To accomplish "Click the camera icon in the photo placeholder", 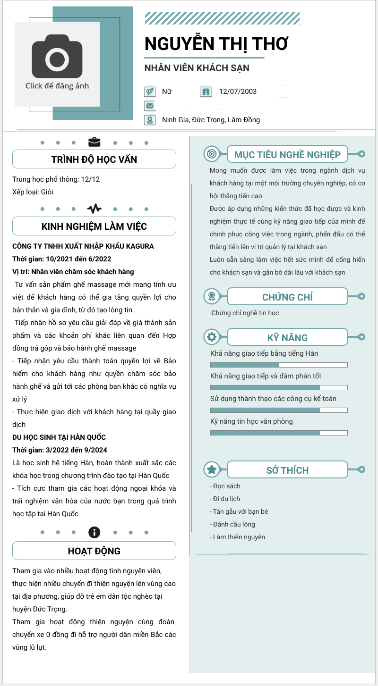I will click(x=57, y=59).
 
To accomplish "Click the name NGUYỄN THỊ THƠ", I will click(x=216, y=43).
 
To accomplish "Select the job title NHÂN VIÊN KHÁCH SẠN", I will click(x=197, y=68).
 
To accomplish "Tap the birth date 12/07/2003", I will click(x=238, y=92).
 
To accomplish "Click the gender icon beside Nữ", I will click(x=150, y=92).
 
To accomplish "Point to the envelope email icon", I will click(x=150, y=106).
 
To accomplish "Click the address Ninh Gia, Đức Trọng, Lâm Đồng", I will click(x=211, y=120).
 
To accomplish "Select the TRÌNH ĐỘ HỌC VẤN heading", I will click(x=94, y=159).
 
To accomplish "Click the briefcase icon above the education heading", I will click(x=94, y=142).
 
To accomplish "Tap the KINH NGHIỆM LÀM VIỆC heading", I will click(x=94, y=226).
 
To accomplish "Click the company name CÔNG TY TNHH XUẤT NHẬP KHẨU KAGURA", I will click(x=83, y=246).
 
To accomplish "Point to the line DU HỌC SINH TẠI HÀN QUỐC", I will click(x=59, y=437).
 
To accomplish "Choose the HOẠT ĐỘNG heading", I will click(x=94, y=551).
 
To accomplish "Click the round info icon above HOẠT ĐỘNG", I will click(x=94, y=532).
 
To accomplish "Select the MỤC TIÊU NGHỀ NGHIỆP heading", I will click(x=287, y=154).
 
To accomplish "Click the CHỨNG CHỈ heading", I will click(x=287, y=297).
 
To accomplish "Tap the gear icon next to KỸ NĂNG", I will click(x=211, y=337).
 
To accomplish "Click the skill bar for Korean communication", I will click(x=279, y=365).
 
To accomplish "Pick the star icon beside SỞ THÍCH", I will click(x=211, y=469).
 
